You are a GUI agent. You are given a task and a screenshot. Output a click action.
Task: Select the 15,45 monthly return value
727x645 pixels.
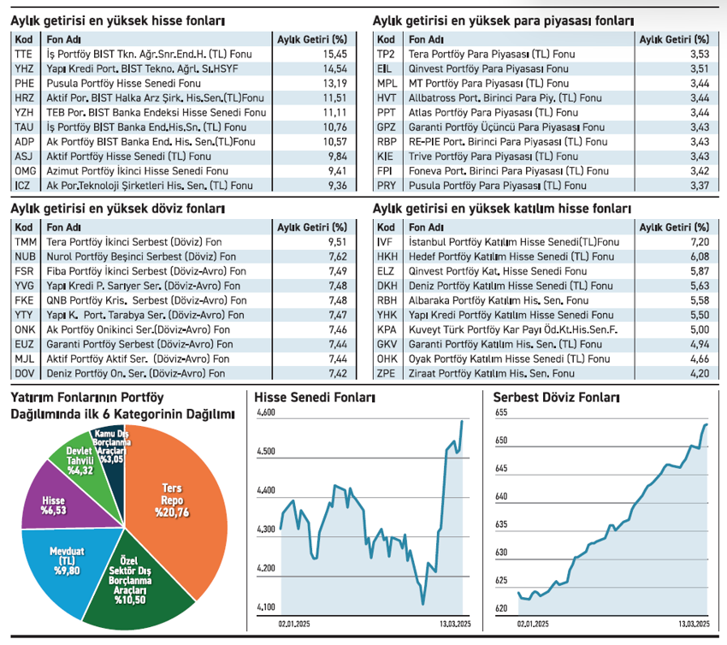coord(333,54)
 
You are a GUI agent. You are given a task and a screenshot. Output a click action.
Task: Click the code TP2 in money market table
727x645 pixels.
coord(386,54)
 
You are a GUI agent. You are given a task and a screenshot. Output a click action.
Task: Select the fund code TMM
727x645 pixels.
coord(26,242)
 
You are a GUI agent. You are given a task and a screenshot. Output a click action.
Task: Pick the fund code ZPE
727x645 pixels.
coord(387,374)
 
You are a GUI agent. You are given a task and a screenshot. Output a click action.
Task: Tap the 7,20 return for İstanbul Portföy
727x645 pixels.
coord(699,242)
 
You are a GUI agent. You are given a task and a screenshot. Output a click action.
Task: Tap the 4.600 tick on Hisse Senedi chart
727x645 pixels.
coord(267,412)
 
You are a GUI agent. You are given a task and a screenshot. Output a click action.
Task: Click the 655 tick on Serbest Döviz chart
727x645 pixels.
coord(503,412)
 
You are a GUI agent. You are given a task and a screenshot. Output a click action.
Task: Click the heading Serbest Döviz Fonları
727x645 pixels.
coord(551,397)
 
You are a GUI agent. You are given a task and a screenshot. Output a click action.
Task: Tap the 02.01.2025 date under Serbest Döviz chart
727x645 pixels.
coord(533,626)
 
